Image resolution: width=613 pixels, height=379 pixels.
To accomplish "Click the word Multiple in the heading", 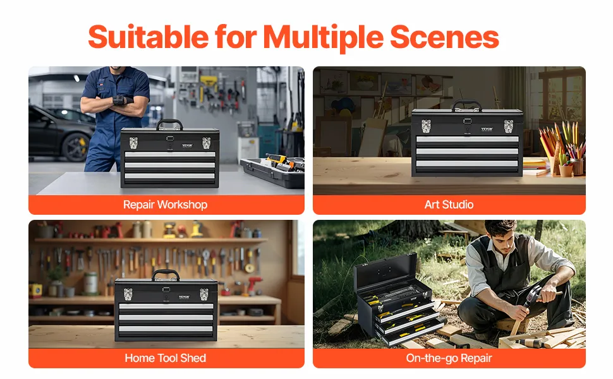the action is pyautogui.click(x=323, y=37).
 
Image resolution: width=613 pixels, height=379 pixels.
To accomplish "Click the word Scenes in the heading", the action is pyautogui.click(x=444, y=37).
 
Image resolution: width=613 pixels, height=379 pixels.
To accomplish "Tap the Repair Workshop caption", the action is pyautogui.click(x=166, y=205).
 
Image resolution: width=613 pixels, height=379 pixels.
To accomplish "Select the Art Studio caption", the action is pyautogui.click(x=449, y=205).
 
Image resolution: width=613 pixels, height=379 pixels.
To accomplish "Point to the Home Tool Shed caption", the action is pyautogui.click(x=166, y=358).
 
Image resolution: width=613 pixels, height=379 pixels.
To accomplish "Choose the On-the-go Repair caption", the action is pyautogui.click(x=449, y=358).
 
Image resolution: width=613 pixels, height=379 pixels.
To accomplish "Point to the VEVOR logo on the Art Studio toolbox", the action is pyautogui.click(x=487, y=129).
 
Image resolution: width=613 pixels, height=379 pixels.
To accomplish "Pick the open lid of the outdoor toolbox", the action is pyautogui.click(x=384, y=273).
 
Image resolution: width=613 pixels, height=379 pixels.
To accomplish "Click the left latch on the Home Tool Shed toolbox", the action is pyautogui.click(x=128, y=294).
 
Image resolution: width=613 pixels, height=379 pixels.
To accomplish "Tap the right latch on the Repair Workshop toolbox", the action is pyautogui.click(x=206, y=143).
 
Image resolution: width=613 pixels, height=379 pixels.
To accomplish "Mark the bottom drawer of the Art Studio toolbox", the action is pyautogui.click(x=467, y=164).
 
